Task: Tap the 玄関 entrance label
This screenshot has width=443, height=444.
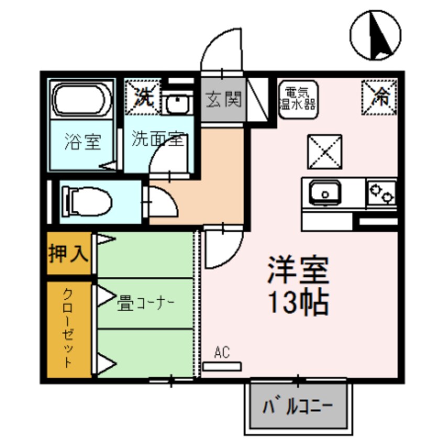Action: pyautogui.click(x=224, y=99)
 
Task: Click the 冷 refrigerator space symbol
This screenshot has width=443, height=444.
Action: pyautogui.click(x=379, y=96)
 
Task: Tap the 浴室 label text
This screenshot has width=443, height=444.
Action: pyautogui.click(x=82, y=142)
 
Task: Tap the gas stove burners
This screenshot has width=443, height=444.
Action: pyautogui.click(x=382, y=193)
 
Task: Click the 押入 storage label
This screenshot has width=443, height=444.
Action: pyautogui.click(x=69, y=254)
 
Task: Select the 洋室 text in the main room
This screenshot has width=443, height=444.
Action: pyautogui.click(x=298, y=270)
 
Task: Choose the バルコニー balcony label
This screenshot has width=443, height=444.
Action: pyautogui.click(x=297, y=406)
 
